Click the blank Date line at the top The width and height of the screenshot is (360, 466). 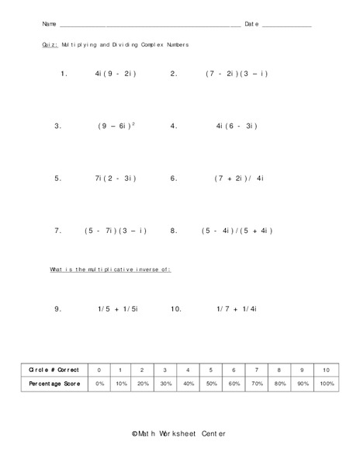tap(286, 26)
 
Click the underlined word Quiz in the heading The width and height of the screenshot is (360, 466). tap(49, 45)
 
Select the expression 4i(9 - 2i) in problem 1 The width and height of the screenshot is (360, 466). tap(116, 75)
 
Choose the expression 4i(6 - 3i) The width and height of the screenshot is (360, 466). tap(237, 126)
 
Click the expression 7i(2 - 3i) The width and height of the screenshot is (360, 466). tap(116, 178)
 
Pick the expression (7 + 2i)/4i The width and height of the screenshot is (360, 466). tap(240, 178)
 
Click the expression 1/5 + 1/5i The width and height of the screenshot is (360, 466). tap(118, 308)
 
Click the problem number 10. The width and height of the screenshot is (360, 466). tap(175, 308)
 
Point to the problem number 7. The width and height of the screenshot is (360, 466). tap(58, 231)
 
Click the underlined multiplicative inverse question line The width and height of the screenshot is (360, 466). tap(110, 269)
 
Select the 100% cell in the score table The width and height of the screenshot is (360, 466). tap(327, 384)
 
